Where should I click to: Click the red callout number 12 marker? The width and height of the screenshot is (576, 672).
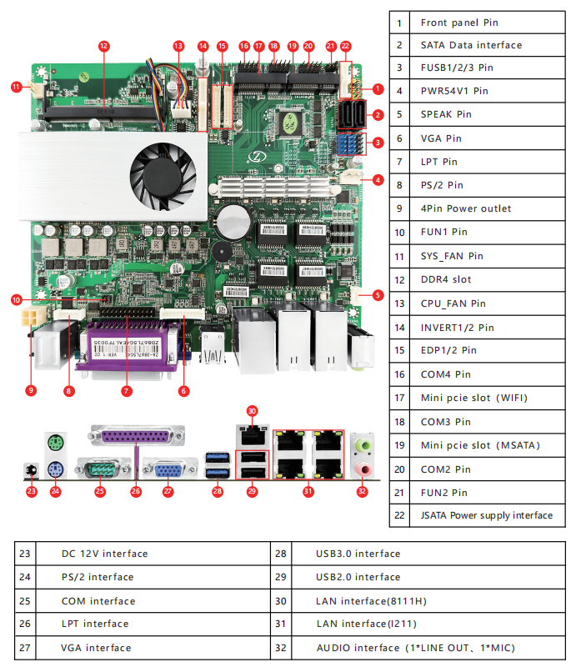[x=104, y=46]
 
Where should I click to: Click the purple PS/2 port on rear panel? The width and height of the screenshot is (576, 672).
[x=55, y=469]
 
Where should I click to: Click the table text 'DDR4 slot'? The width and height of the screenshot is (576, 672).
[x=445, y=279]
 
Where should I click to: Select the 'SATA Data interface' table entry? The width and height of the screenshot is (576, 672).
[x=471, y=45]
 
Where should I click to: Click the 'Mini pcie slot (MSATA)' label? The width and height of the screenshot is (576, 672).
[x=479, y=445]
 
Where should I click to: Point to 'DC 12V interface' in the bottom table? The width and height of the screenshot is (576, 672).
[x=104, y=554]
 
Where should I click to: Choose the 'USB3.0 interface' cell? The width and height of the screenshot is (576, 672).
[x=358, y=554]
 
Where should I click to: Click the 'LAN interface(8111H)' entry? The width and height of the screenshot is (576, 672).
[x=371, y=600]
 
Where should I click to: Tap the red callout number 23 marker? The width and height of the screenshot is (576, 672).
[x=32, y=491]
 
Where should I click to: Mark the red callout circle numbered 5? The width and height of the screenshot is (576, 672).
[x=378, y=294]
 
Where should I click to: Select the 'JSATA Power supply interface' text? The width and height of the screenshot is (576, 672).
[x=486, y=515]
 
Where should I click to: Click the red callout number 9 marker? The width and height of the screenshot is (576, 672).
[x=32, y=389]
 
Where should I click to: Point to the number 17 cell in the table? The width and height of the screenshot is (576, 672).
[x=400, y=399]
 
